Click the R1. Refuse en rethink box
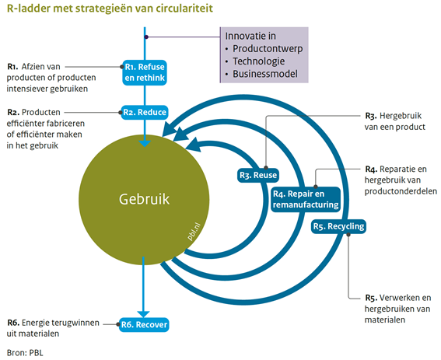pyautogui.click(x=145, y=72)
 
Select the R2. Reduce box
pyautogui.click(x=145, y=113)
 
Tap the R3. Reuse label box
pyautogui.click(x=258, y=175)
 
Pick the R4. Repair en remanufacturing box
pyautogui.click(x=306, y=199)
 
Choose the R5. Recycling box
pyautogui.click(x=338, y=226)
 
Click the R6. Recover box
pyautogui.click(x=144, y=325)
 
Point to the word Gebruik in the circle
pyautogui.click(x=144, y=199)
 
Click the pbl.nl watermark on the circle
pyautogui.click(x=194, y=232)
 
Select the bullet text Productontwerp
pyautogui.click(x=268, y=49)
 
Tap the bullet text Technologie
pyautogui.click(x=258, y=61)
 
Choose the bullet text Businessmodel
pyautogui.click(x=265, y=74)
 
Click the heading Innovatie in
pyautogui.click(x=250, y=36)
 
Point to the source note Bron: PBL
pyautogui.click(x=25, y=353)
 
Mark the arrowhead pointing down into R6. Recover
pyautogui.click(x=143, y=314)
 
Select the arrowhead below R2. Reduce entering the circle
pyautogui.click(x=145, y=143)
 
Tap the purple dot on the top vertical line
pyautogui.click(x=146, y=37)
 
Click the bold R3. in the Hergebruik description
pyautogui.click(x=371, y=116)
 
